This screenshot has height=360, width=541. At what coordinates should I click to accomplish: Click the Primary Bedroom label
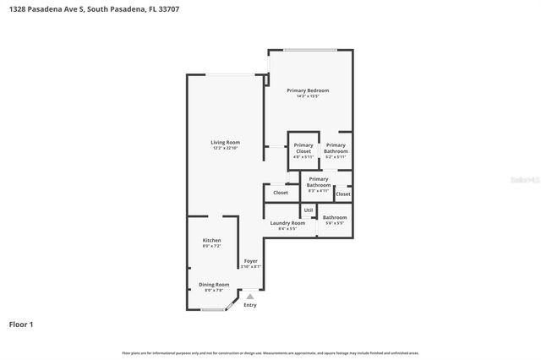(x=308, y=90)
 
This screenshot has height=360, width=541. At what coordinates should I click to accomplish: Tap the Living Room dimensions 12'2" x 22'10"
(x=226, y=149)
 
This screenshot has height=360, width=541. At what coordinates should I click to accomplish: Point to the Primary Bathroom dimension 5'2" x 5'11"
(x=336, y=157)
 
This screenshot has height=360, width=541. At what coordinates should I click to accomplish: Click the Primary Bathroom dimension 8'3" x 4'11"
(x=318, y=190)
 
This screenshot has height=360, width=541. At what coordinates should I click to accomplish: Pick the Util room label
(x=309, y=210)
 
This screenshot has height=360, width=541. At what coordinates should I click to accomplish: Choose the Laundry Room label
(x=287, y=223)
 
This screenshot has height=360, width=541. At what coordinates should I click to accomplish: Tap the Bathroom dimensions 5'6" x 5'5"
(x=335, y=223)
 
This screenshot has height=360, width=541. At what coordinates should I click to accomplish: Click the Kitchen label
(x=211, y=241)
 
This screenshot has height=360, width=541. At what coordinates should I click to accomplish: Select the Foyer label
(x=251, y=261)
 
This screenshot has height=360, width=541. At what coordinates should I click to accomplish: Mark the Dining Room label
(x=214, y=285)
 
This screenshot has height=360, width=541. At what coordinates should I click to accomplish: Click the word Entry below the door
(x=250, y=305)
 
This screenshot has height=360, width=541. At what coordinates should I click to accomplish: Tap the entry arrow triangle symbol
(x=250, y=297)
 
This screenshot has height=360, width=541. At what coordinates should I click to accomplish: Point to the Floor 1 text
(x=21, y=324)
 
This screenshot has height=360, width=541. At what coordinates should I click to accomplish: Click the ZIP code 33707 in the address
(x=167, y=9)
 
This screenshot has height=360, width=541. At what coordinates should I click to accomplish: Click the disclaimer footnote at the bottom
(x=270, y=352)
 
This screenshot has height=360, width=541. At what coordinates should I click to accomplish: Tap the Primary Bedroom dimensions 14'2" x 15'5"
(x=308, y=96)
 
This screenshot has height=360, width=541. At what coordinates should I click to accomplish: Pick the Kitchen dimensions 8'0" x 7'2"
(x=211, y=247)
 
